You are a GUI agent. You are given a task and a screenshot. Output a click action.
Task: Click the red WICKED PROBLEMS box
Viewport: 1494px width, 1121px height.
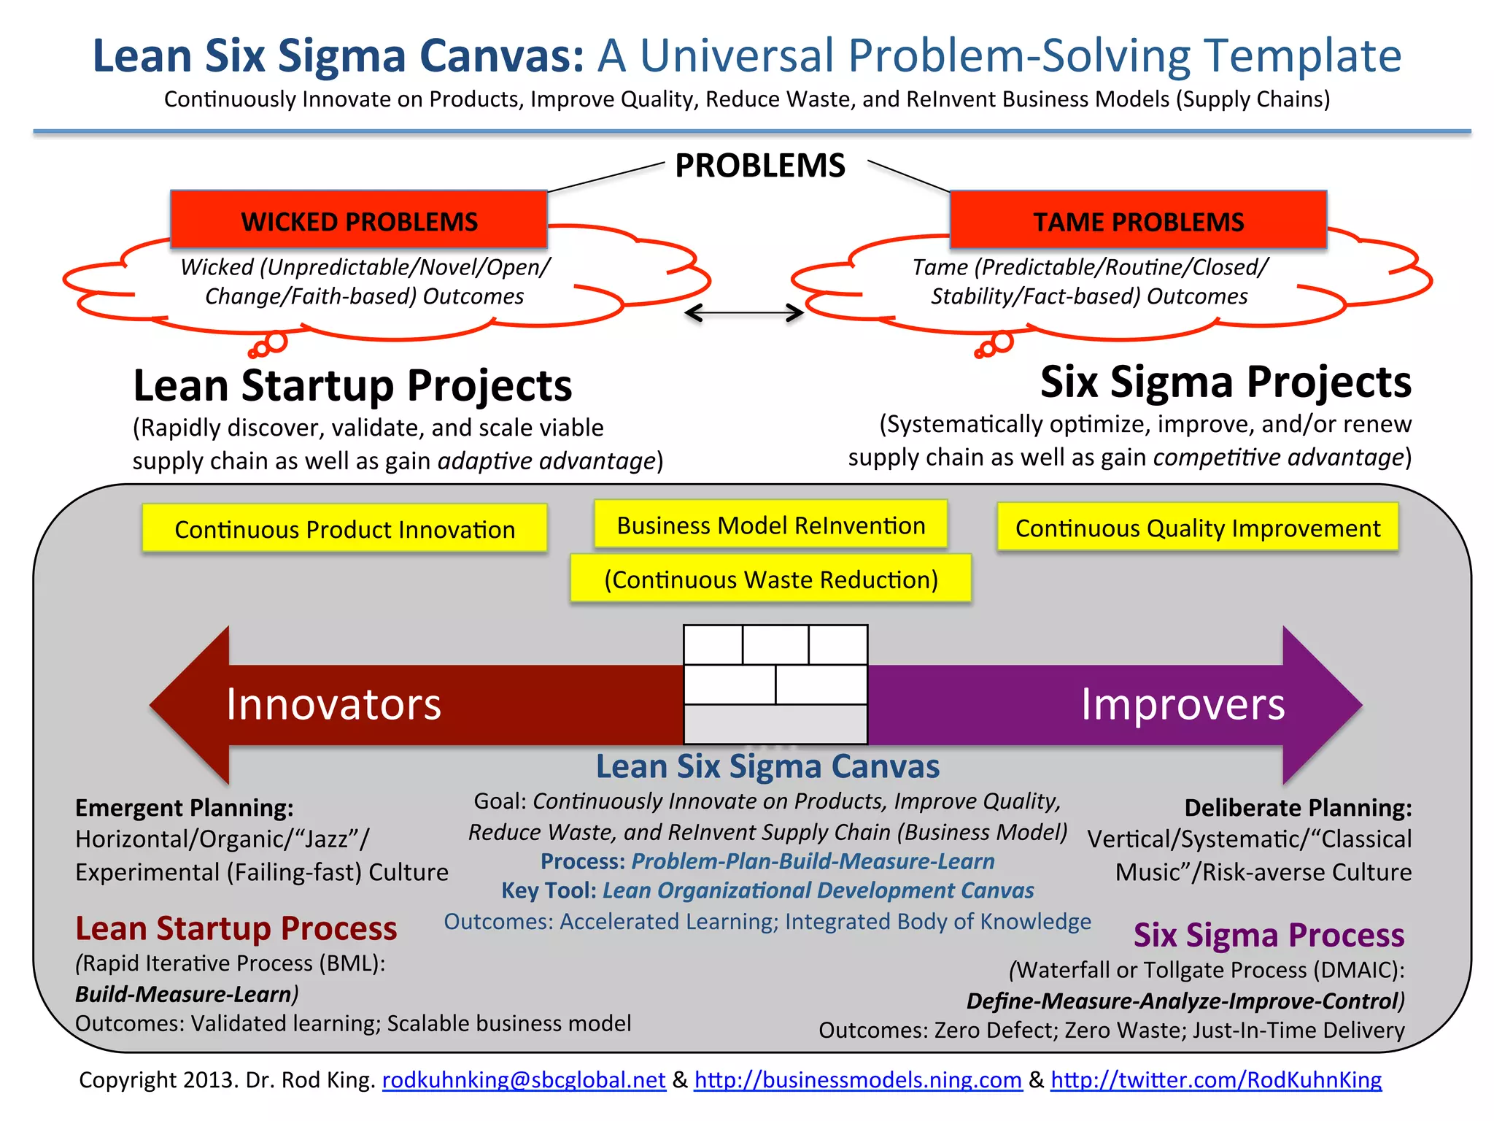click(x=359, y=220)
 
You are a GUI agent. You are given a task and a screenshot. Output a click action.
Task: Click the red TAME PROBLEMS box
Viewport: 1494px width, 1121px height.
click(x=1138, y=220)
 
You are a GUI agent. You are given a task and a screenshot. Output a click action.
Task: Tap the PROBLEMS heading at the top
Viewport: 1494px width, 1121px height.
click(x=760, y=166)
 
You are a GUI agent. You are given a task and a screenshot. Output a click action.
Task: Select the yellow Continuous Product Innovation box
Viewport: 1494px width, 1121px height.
click(x=344, y=528)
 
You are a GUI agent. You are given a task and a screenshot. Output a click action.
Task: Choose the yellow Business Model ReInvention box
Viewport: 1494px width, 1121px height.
click(x=770, y=525)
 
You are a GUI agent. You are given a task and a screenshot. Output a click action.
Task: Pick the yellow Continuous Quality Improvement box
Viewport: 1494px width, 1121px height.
click(x=1197, y=527)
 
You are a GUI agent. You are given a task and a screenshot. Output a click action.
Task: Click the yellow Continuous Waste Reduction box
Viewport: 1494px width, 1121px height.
click(x=770, y=579)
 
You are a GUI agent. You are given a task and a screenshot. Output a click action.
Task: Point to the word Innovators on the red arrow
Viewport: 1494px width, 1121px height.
click(x=333, y=704)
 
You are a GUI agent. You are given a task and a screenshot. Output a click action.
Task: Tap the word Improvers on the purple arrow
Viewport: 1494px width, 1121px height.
click(x=1183, y=704)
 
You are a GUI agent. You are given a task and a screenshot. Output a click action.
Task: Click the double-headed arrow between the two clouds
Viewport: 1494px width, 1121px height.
click(x=744, y=313)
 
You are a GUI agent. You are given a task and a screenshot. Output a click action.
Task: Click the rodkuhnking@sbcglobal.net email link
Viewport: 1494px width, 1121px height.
click(x=524, y=1079)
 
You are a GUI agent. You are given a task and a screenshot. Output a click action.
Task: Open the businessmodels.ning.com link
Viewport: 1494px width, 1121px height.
click(x=858, y=1079)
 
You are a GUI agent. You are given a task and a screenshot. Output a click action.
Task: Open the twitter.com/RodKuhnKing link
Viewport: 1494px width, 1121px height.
click(x=1216, y=1079)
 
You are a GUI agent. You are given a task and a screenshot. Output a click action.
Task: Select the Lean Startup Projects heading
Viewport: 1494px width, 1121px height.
click(x=352, y=385)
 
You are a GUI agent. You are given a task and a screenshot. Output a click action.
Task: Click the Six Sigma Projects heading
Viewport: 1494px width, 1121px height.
click(x=1226, y=382)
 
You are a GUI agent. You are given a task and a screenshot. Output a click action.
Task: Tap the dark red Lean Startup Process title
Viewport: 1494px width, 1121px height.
click(x=236, y=928)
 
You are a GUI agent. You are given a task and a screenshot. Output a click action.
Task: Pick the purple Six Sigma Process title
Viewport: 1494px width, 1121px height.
click(x=1269, y=935)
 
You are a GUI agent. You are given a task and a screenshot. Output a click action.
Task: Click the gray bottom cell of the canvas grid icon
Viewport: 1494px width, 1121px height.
click(x=775, y=724)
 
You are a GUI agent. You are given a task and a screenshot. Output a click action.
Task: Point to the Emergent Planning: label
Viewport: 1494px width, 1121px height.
click(x=185, y=808)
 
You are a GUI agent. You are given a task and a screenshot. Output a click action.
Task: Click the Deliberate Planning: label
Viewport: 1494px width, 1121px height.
click(x=1298, y=808)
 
